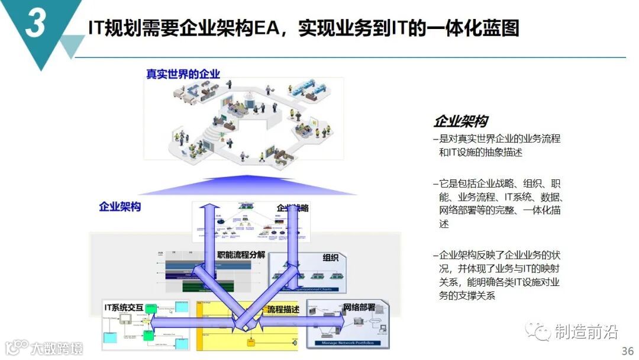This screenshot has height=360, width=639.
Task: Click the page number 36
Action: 627,351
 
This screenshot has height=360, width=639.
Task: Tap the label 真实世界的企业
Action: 183,74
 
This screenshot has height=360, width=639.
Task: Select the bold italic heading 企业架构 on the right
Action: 460,121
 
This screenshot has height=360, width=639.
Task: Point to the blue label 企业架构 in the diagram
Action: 120,207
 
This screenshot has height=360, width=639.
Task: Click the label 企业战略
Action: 293,208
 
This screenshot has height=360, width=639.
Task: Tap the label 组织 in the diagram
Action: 331,258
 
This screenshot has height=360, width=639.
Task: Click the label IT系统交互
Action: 124,307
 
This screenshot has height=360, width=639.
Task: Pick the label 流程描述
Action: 283,309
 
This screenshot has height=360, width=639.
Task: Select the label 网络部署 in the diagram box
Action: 359,307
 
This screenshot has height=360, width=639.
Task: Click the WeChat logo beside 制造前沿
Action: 539,332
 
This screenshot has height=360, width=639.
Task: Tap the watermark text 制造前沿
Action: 586,332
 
